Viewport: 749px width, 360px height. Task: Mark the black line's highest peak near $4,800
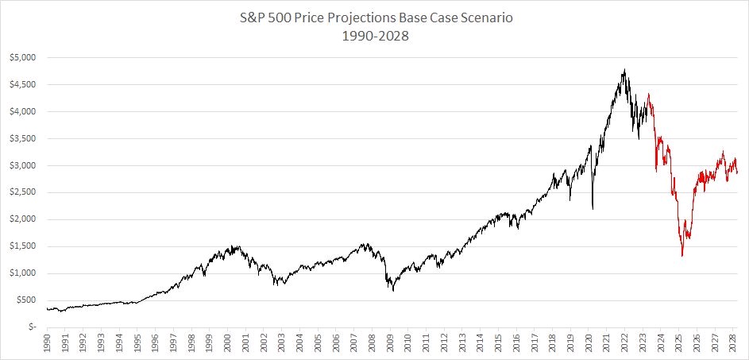point(625,70)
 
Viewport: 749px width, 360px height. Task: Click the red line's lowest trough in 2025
point(682,255)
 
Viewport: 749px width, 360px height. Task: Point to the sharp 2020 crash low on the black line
point(593,209)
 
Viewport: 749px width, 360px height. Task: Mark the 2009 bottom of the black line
point(393,291)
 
